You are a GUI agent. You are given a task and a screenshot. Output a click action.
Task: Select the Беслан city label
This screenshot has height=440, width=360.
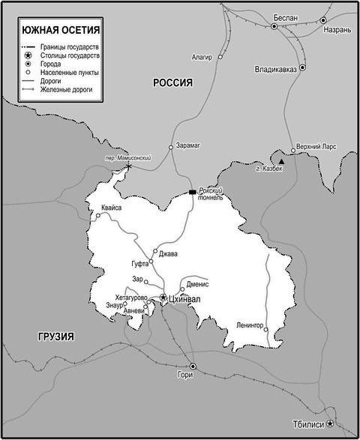tap(286, 17)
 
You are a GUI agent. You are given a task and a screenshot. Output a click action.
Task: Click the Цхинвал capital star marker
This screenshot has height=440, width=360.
tap(163, 298)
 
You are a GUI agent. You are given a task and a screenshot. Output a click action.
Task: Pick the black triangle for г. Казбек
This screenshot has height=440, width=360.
tap(282, 161)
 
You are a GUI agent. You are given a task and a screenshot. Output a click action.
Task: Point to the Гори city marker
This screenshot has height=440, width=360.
tap(193, 367)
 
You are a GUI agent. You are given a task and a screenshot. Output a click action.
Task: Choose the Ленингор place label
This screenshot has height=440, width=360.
tap(250, 325)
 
